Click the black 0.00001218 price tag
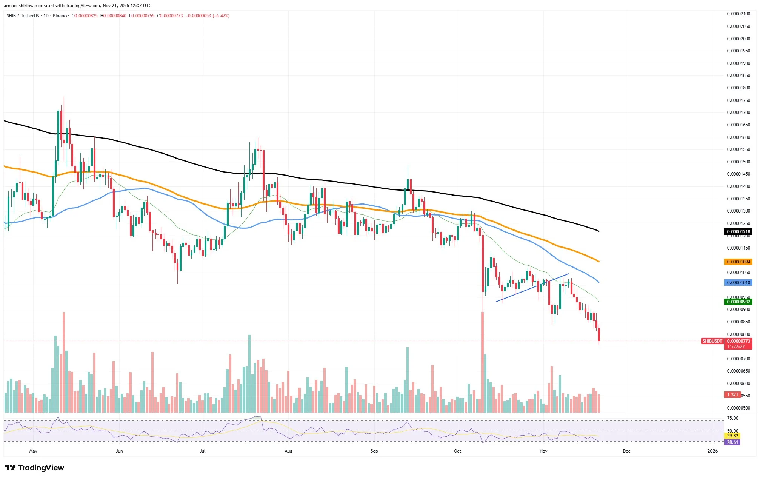738,232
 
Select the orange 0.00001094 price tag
738,262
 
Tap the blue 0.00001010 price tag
738,283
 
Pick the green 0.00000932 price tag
738,302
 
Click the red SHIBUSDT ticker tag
712,341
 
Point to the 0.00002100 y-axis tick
738,14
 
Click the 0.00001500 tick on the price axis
738,162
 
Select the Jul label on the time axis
202,451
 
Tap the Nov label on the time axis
543,451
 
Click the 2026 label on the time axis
712,451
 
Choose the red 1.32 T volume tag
732,395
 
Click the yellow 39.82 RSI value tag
732,436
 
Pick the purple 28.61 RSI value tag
732,442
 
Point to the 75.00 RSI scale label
732,418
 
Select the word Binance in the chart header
61,16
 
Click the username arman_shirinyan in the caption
20,6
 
